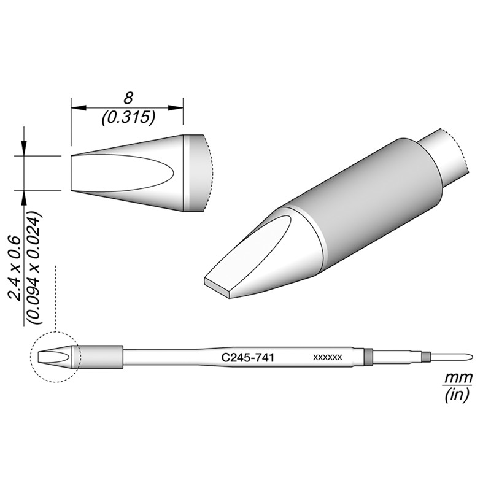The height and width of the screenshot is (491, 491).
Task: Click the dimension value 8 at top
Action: click(128, 98)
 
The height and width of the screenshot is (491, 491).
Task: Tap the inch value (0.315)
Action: click(128, 116)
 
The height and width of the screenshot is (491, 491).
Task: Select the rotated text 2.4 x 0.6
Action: click(14, 268)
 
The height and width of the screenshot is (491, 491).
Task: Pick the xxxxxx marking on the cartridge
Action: click(327, 357)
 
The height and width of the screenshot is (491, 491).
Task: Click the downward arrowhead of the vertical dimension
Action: click(24, 149)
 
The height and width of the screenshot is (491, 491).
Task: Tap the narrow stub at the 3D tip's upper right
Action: click(448, 153)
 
